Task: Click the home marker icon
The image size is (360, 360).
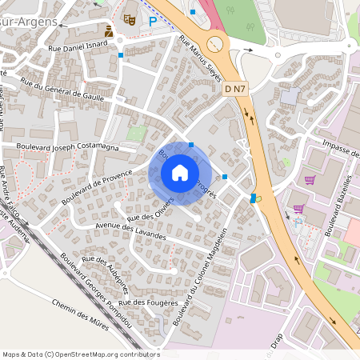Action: (x=180, y=172)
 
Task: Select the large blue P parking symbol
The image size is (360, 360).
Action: (x=152, y=22)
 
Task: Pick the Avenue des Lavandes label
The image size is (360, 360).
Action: (x=130, y=232)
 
